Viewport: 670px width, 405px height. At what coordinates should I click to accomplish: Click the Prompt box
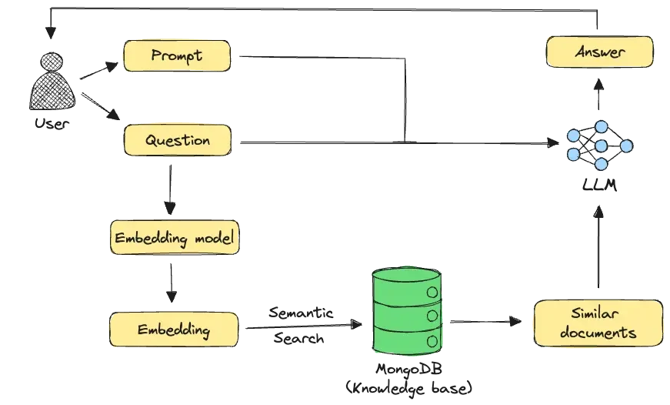pos(177,55)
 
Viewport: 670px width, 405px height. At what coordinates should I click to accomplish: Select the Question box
pos(178,140)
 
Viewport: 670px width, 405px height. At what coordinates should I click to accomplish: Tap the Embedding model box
pos(175,237)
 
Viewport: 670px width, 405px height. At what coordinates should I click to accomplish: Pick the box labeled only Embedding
pos(174,330)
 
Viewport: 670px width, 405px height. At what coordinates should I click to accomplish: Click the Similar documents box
pos(598,323)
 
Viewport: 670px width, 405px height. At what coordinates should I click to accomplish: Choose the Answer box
pos(599,52)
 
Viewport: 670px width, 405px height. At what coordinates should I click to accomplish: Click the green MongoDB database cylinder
pos(406,311)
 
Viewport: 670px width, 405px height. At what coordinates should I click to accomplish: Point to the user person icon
pos(52,81)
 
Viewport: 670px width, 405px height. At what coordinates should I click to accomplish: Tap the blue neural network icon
pos(600,146)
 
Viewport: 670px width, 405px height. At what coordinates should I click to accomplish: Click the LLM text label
pos(599,185)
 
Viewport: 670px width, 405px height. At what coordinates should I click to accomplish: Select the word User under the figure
pos(52,124)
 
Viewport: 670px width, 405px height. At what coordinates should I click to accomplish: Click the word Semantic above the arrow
pos(301,313)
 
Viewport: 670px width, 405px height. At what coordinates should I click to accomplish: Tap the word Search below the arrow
pos(298,338)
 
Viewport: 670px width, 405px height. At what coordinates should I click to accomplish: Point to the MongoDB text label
pos(409,370)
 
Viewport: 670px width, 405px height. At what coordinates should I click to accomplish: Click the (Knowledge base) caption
pos(409,388)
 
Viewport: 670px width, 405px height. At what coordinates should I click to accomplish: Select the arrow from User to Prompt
pos(98,71)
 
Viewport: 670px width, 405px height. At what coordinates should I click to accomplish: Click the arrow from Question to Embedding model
pos(170,190)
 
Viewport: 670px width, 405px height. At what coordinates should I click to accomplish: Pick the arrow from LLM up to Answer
pos(598,94)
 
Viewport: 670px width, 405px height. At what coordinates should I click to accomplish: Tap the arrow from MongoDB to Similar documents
pos(486,321)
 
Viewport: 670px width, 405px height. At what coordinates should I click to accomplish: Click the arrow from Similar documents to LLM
pos(598,246)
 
